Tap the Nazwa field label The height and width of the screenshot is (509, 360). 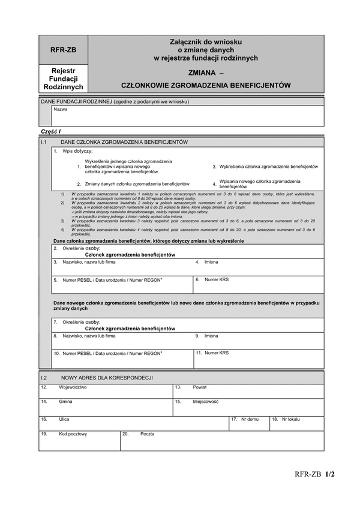coord(61,110)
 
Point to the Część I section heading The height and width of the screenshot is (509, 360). coord(51,131)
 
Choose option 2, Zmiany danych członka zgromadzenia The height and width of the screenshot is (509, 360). coord(137,184)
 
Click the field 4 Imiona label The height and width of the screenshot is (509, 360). coord(211,262)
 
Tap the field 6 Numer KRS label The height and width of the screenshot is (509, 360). coord(217,279)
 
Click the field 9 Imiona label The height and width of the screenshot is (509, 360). coord(211,336)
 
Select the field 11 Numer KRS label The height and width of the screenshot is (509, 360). coord(217,353)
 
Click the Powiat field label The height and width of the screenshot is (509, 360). coord(200,387)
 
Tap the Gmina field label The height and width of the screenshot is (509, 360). coord(65,402)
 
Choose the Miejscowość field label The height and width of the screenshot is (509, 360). coord(205,402)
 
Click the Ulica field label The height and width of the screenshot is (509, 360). coord(64,419)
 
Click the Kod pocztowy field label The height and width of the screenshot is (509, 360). coord(73,433)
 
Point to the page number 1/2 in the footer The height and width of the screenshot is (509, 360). coord(329,474)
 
